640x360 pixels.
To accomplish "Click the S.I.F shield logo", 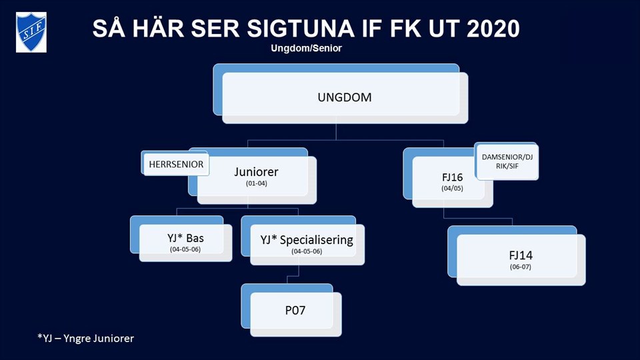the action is tap(31, 32).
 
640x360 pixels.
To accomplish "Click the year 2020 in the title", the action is tap(493, 29).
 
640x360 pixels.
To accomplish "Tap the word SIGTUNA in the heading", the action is tap(301, 29).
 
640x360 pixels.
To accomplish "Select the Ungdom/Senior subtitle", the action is tap(306, 48).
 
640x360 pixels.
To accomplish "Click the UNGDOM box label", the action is tap(345, 97).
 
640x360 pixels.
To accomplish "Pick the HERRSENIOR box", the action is tap(176, 164).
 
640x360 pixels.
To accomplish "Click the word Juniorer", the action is tap(256, 172).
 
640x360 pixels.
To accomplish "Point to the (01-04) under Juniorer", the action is tap(256, 184).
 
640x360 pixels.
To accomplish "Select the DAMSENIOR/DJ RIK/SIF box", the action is tap(507, 161).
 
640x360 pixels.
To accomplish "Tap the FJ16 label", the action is tap(452, 177).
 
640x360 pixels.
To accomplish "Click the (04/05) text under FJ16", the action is tap(452, 189).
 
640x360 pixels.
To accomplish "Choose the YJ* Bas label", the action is tap(185, 238).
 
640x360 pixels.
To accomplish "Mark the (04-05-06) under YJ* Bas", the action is tap(185, 249).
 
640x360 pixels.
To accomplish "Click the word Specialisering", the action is tap(316, 240).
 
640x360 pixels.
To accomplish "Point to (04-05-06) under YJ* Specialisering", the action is tap(307, 251).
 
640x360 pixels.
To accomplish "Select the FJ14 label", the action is tap(521, 255).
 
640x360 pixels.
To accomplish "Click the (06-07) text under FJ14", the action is tap(521, 267).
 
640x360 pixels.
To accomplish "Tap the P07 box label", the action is tap(295, 311).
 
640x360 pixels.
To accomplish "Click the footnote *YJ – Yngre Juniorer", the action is tap(86, 339).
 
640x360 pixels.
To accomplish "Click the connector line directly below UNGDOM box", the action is tap(336, 132).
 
